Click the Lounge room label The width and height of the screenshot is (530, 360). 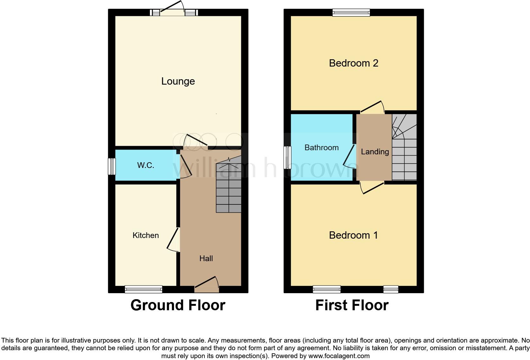(178, 81)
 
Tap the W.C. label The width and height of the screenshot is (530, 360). (145, 165)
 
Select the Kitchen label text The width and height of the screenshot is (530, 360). (145, 235)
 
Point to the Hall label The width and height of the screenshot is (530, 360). (206, 259)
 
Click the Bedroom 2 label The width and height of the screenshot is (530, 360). (353, 63)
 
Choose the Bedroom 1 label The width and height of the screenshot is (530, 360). (353, 235)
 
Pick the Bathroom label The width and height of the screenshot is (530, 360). (321, 148)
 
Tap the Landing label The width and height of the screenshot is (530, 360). (375, 152)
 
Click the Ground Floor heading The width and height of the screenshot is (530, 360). (178, 305)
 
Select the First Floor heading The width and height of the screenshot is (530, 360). (352, 305)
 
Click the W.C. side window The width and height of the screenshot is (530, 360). (112, 166)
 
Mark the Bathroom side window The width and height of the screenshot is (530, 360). (288, 157)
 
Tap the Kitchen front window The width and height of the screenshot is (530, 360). (144, 289)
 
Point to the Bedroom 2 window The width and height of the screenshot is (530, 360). (351, 13)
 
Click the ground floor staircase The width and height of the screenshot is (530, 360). (229, 190)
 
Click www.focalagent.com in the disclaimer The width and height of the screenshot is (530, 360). (339, 356)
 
